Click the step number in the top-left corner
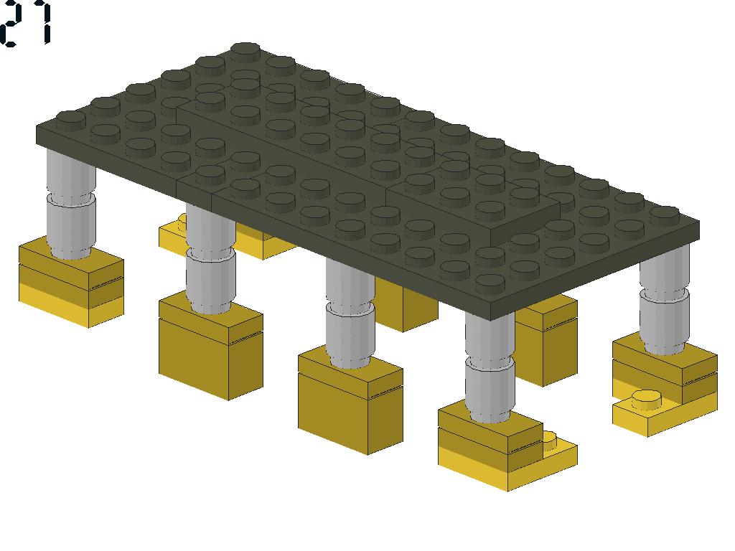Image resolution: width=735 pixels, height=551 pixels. coord(25,24)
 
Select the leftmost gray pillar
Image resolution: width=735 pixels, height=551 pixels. coord(71,204)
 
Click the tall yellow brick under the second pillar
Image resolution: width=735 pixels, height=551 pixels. coord(211,346)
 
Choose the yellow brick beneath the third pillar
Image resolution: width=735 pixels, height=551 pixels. coord(350,400)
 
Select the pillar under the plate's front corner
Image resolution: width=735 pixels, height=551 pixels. coord(490,367)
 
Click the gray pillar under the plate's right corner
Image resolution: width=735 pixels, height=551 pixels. coord(665,300)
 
